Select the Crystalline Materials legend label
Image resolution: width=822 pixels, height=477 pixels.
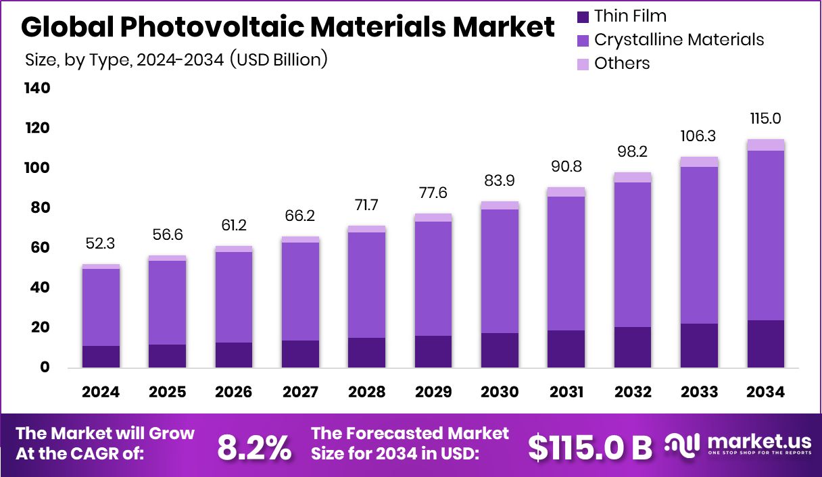click(x=679, y=40)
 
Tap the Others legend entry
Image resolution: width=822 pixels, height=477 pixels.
click(x=621, y=64)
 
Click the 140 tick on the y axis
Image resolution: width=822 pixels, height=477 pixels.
click(x=37, y=89)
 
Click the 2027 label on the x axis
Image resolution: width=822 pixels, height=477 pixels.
click(x=300, y=393)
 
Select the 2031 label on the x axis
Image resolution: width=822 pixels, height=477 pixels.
click(x=566, y=393)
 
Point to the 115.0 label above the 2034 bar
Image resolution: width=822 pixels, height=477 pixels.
click(x=765, y=119)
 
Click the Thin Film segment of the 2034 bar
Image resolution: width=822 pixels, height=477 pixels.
click(x=765, y=343)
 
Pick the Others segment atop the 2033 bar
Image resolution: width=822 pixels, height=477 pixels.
click(x=699, y=161)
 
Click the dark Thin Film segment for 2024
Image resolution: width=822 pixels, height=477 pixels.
click(x=101, y=356)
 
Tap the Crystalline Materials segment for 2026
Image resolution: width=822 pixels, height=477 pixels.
click(x=234, y=297)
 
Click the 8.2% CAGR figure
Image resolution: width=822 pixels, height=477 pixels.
click(x=254, y=447)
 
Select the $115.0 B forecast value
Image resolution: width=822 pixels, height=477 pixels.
click(x=589, y=447)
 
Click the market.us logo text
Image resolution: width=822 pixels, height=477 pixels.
click(x=758, y=442)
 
